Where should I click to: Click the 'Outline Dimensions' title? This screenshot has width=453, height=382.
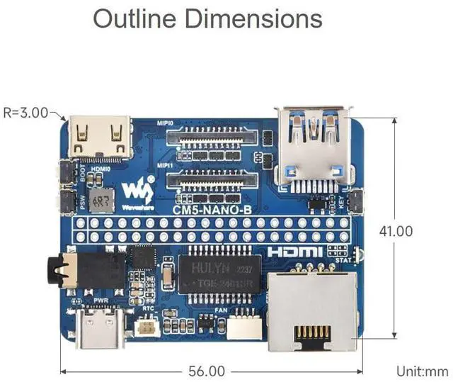point(207,19)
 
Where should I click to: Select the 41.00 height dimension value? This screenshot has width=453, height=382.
point(395,231)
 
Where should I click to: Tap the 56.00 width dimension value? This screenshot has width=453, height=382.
point(207,371)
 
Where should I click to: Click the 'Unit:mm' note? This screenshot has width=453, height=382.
point(423,371)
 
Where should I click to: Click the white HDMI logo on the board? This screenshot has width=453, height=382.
point(294,252)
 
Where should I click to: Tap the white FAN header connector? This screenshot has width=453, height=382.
point(242,326)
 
